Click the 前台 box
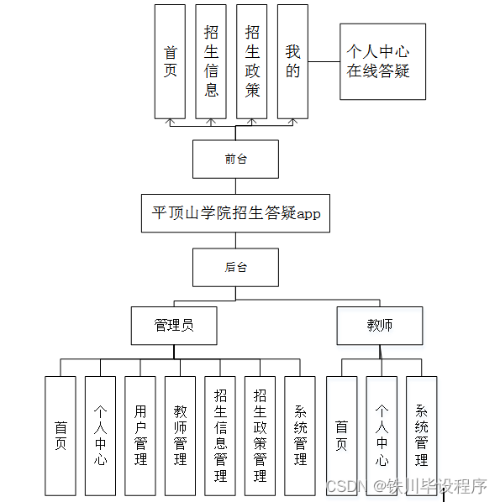click(x=235, y=159)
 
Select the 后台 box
click(x=235, y=268)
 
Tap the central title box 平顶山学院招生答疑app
click(x=235, y=213)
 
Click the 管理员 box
click(x=174, y=325)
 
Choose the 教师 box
click(x=379, y=325)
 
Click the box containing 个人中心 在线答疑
click(x=382, y=61)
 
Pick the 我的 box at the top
click(x=292, y=61)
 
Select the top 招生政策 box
click(x=252, y=61)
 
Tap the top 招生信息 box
click(x=211, y=61)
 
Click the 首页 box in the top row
click(x=170, y=61)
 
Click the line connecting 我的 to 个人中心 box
click(x=324, y=61)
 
